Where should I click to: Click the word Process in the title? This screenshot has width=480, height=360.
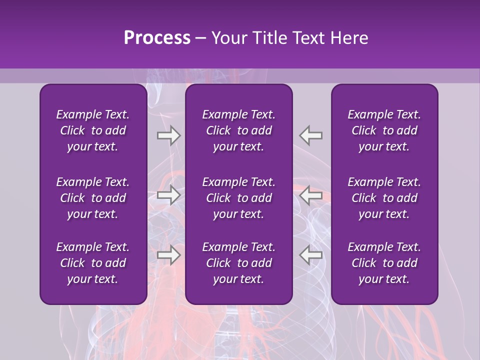(x=157, y=38)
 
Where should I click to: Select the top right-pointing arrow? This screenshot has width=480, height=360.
(x=168, y=135)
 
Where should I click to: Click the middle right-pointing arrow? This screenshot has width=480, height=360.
(x=168, y=195)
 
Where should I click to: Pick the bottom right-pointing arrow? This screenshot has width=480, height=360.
(x=168, y=255)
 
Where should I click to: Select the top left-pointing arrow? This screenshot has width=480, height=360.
(x=311, y=135)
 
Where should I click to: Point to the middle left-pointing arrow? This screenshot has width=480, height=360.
(x=311, y=195)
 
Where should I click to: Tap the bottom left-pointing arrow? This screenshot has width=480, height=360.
(x=311, y=255)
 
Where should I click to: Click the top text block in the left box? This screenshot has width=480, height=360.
(x=93, y=130)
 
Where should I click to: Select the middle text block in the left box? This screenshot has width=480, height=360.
(x=93, y=198)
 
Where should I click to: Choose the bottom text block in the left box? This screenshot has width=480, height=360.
(x=93, y=263)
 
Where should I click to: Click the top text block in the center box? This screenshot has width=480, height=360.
(x=238, y=130)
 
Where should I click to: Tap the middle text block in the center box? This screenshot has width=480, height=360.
(x=238, y=198)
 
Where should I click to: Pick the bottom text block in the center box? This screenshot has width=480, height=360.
(x=238, y=263)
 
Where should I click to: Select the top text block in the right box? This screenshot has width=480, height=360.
(x=384, y=130)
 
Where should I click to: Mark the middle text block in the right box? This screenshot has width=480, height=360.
(x=384, y=198)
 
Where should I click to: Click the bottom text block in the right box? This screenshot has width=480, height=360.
(x=384, y=263)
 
